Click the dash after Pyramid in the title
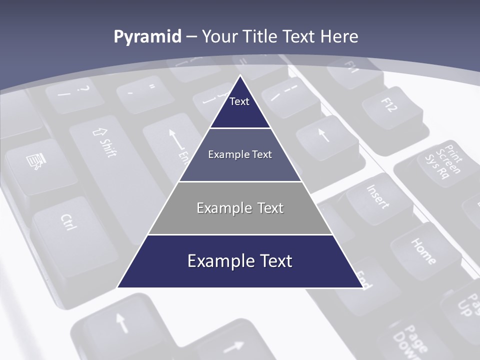pyautogui.click(x=191, y=37)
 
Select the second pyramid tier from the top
pyautogui.click(x=240, y=154)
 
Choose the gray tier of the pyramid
pyautogui.click(x=240, y=208)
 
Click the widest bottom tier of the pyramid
pyautogui.click(x=240, y=261)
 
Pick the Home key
pyautogui.click(x=422, y=250)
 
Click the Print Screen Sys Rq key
pyautogui.click(x=440, y=162)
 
